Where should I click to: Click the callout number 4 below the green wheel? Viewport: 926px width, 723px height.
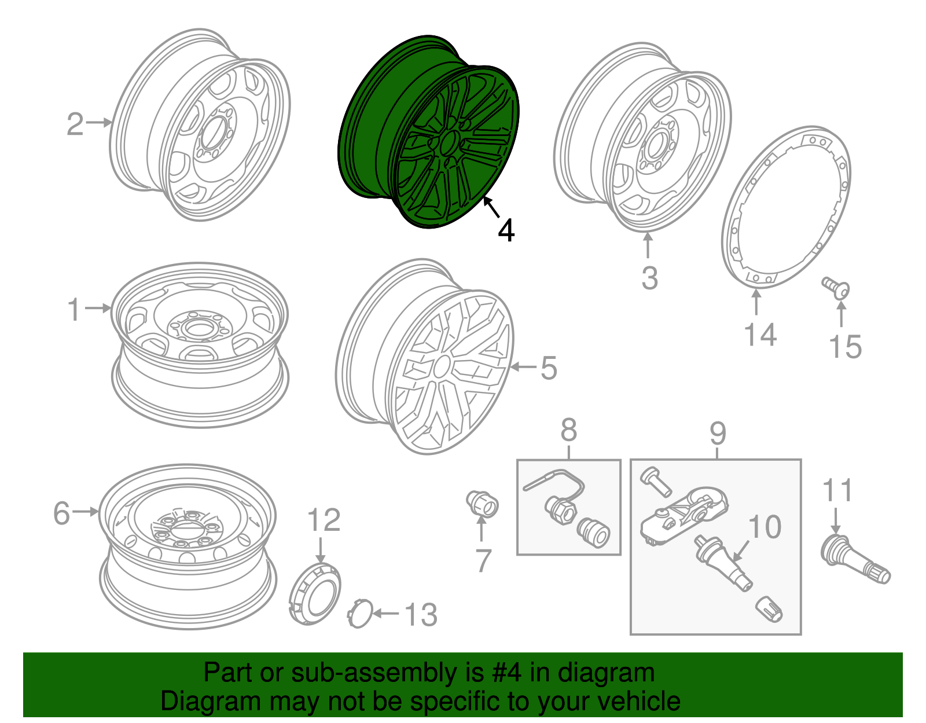pos(506,230)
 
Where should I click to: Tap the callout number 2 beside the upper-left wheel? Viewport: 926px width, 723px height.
pos(75,124)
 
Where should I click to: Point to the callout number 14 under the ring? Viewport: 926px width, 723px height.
pos(759,335)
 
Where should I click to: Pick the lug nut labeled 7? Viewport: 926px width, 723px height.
pos(482,502)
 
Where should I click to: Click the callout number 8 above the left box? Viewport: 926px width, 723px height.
pos(568,431)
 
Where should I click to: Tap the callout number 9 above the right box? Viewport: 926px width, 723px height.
pos(717,432)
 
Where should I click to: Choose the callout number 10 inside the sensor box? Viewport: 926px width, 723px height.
pos(765,527)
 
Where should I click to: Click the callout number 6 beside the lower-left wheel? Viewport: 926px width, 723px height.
pos(61,513)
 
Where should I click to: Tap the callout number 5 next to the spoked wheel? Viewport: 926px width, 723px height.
pos(548,368)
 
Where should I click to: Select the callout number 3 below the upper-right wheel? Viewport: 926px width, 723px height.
pos(649,278)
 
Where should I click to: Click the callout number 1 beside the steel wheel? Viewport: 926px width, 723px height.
pos(74,309)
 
